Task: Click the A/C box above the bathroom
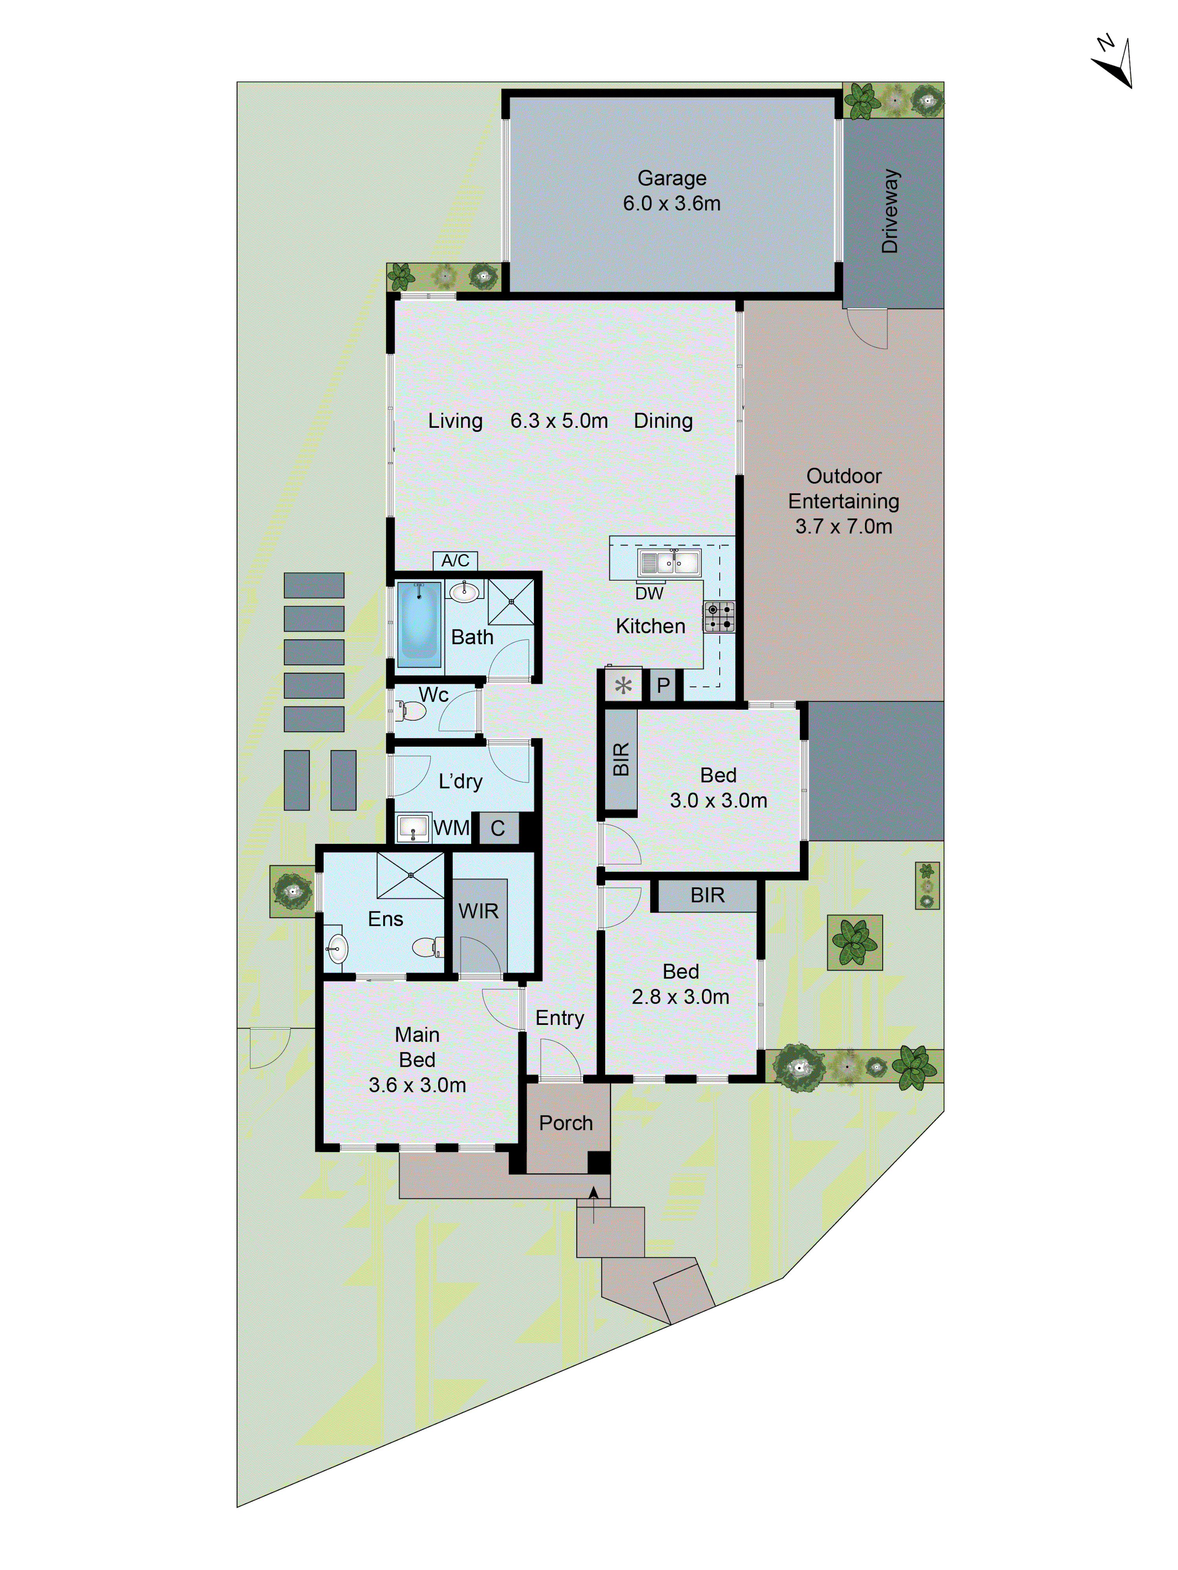pos(455,561)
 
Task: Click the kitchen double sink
pos(668,563)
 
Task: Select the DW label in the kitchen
pos(649,593)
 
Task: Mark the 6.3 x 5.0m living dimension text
pos(559,421)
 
